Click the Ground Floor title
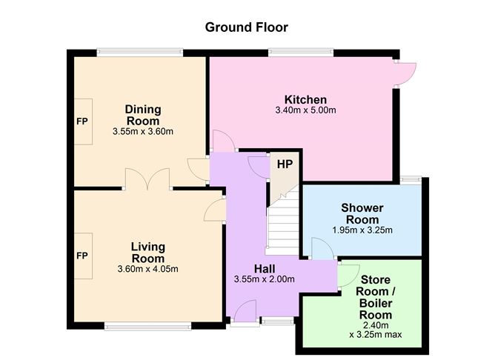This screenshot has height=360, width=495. click(247, 27)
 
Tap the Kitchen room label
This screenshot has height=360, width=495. click(305, 100)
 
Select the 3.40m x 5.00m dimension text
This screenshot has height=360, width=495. click(305, 110)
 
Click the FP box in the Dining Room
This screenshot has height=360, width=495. click(83, 121)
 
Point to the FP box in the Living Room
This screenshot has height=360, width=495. click(83, 256)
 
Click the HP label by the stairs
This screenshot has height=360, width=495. click(285, 164)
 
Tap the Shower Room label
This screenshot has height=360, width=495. click(362, 214)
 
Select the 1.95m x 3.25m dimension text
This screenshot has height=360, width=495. click(362, 230)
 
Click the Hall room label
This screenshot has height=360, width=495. click(265, 269)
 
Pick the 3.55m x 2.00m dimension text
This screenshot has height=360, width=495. click(265, 279)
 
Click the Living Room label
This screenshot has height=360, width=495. click(148, 253)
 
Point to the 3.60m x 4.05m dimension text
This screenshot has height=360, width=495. click(147, 269)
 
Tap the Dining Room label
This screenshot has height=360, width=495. click(143, 115)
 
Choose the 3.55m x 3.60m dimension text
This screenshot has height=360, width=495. click(143, 132)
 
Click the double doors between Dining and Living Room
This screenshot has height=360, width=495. click(147, 179)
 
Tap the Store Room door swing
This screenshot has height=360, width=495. click(348, 276)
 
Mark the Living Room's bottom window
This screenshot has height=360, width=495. click(148, 326)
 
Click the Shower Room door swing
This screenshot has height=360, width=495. click(322, 249)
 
